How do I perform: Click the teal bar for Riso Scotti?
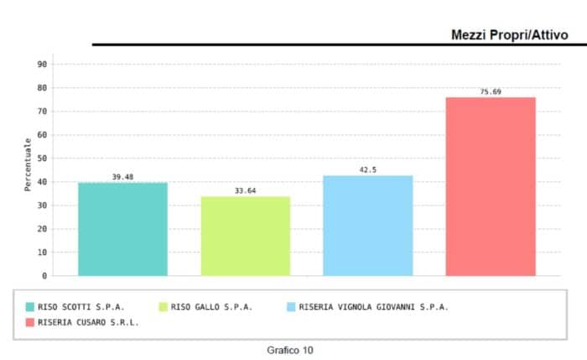click(122, 229)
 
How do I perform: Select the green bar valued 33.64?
click(245, 236)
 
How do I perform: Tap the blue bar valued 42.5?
click(367, 225)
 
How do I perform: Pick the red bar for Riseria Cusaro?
click(490, 186)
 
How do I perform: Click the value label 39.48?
click(122, 177)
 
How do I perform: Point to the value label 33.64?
click(245, 191)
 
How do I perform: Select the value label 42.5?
click(367, 170)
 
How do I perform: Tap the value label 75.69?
click(490, 92)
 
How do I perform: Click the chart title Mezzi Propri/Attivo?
click(509, 34)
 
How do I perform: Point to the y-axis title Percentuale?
click(28, 164)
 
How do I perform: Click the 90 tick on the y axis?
click(42, 64)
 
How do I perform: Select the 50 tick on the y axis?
click(42, 158)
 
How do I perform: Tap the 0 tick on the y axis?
click(44, 275)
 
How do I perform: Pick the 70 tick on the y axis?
click(42, 111)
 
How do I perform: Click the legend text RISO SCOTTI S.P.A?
click(81, 307)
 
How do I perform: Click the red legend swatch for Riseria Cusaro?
click(30, 321)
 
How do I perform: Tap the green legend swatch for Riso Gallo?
click(163, 307)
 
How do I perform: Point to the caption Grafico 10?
click(290, 349)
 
